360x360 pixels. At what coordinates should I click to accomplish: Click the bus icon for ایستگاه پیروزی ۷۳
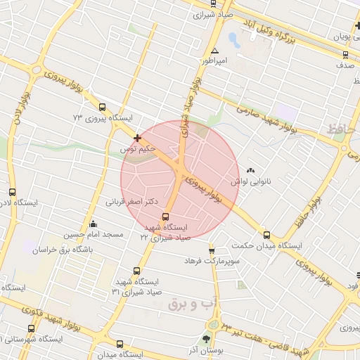[x=103, y=108]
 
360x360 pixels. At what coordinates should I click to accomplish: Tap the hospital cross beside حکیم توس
[x=137, y=138]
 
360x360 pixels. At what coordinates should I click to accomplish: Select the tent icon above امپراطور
[x=214, y=51]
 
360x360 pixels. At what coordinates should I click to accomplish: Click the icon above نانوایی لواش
[x=251, y=170]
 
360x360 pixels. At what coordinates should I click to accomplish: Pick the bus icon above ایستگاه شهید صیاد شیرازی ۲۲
[x=165, y=217]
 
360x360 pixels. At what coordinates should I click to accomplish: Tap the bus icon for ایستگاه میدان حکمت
[x=266, y=236]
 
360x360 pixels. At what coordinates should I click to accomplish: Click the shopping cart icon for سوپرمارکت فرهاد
[x=211, y=251]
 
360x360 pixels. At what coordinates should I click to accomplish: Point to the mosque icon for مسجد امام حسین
[x=94, y=224]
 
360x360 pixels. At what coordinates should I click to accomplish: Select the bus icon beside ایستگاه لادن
[x=12, y=192]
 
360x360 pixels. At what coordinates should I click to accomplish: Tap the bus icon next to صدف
[x=344, y=53]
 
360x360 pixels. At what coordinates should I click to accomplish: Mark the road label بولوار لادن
[x=19, y=111]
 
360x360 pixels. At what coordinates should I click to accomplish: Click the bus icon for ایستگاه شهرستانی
[x=32, y=328]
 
